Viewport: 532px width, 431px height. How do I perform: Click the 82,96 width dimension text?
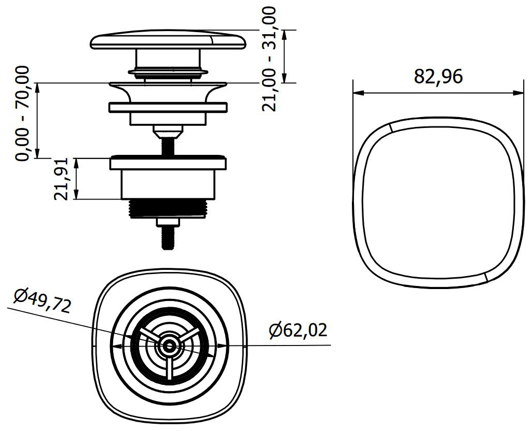(x=438, y=77)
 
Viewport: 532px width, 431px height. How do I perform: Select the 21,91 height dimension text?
(x=61, y=179)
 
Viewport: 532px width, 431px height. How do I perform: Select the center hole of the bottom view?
(x=168, y=347)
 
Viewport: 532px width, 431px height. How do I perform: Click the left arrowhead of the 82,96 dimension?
(x=357, y=93)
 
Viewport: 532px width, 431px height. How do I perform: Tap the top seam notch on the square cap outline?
(x=390, y=128)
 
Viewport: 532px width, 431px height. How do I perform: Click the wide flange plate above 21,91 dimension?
(x=168, y=163)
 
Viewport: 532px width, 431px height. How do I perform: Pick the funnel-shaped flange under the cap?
(x=168, y=90)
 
